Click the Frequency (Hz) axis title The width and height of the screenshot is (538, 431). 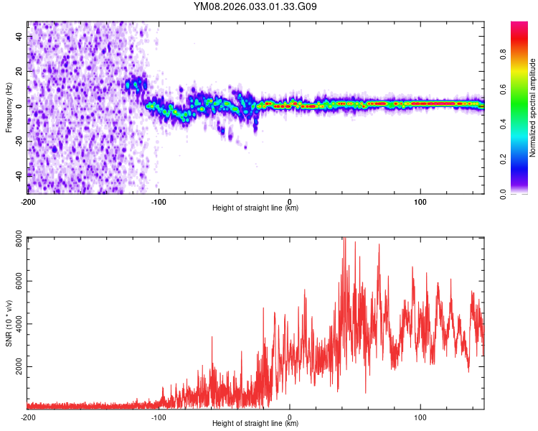pyautogui.click(x=9, y=108)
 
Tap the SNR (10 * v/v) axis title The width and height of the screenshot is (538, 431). pyautogui.click(x=9, y=323)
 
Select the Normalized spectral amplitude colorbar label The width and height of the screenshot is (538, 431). pyautogui.click(x=533, y=108)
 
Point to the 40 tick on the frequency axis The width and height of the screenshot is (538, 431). pyautogui.click(x=21, y=36)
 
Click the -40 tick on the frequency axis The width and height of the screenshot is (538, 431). pyautogui.click(x=19, y=175)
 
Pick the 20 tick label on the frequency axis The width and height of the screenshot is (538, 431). pyautogui.click(x=21, y=70)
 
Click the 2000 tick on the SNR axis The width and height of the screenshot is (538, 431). pyautogui.click(x=16, y=367)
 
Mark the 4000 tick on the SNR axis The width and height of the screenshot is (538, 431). pyautogui.click(x=16, y=324)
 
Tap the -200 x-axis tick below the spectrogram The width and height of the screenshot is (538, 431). pyautogui.click(x=28, y=201)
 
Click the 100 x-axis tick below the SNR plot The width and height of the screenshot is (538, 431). pyautogui.click(x=420, y=417)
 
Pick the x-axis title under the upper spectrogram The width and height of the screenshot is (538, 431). pyautogui.click(x=255, y=208)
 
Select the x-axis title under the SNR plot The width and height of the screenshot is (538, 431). pyautogui.click(x=255, y=424)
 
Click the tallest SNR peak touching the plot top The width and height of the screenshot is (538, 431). pyautogui.click(x=344, y=239)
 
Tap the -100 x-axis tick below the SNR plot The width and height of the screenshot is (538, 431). pyautogui.click(x=159, y=417)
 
